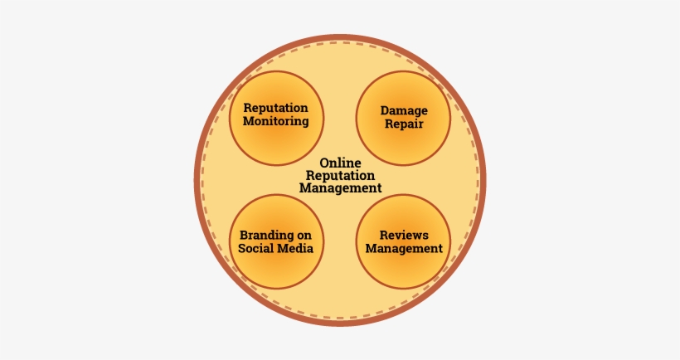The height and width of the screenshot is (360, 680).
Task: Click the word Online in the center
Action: coord(340,163)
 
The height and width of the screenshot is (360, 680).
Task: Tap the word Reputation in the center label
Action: coord(340,176)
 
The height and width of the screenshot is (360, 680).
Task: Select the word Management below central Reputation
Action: coord(340,188)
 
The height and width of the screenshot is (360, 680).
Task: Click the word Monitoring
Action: coord(276,121)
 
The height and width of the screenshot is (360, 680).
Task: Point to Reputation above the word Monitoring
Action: coord(276,108)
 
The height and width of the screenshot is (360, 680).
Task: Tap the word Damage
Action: coord(403,110)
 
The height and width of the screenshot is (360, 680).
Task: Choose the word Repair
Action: coord(403,124)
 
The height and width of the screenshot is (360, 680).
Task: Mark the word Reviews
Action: coord(404,235)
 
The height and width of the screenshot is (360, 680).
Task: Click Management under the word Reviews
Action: coord(404,248)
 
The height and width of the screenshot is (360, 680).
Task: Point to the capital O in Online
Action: coord(324,163)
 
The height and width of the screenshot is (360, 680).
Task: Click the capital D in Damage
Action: coord(385,110)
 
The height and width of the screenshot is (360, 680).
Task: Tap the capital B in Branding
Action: coord(244,235)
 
